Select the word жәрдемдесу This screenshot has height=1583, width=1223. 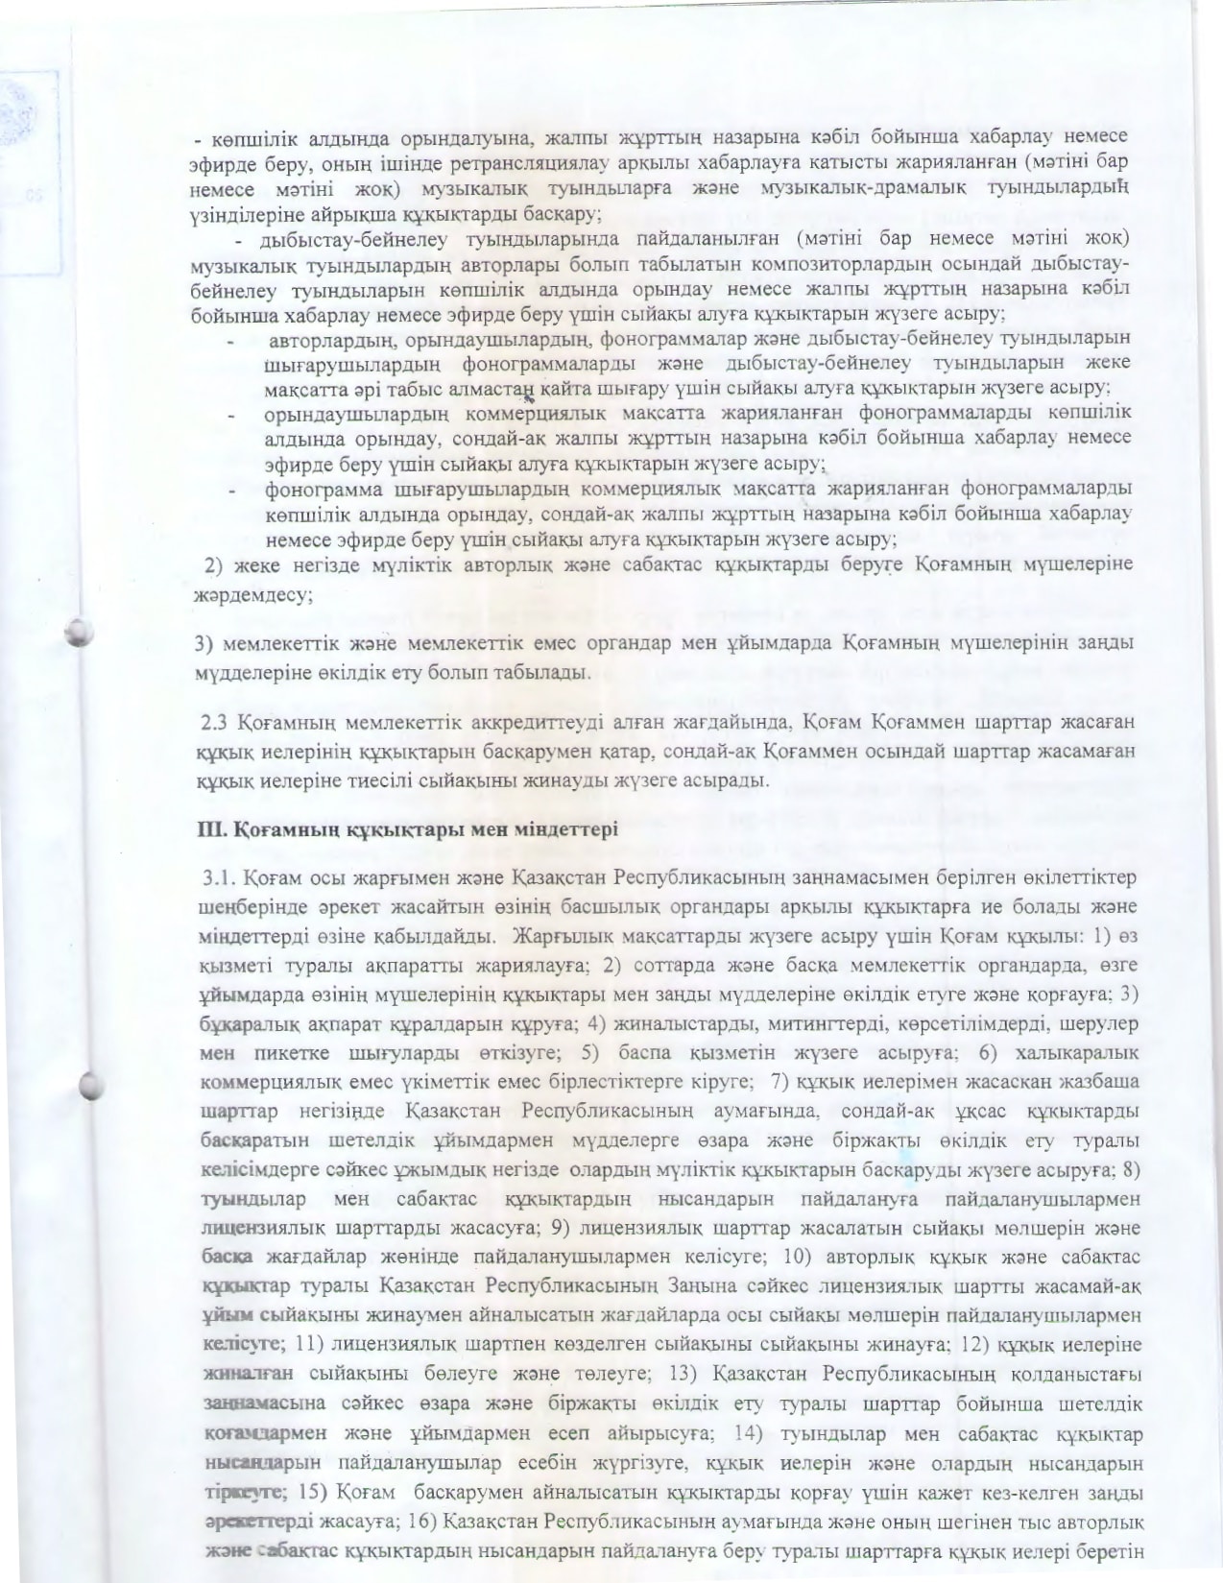point(251,594)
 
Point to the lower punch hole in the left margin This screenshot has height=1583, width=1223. point(89,1083)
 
